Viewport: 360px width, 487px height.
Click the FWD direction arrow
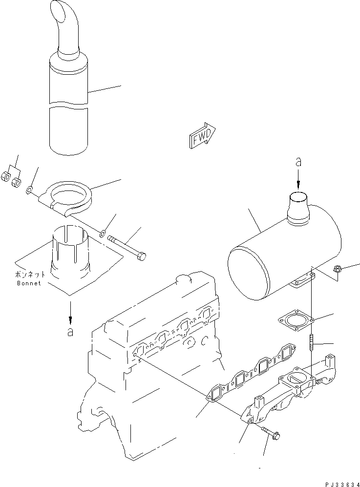(x=202, y=134)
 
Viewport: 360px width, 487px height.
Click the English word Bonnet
(x=29, y=283)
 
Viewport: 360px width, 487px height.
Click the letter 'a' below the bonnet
(x=70, y=332)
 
